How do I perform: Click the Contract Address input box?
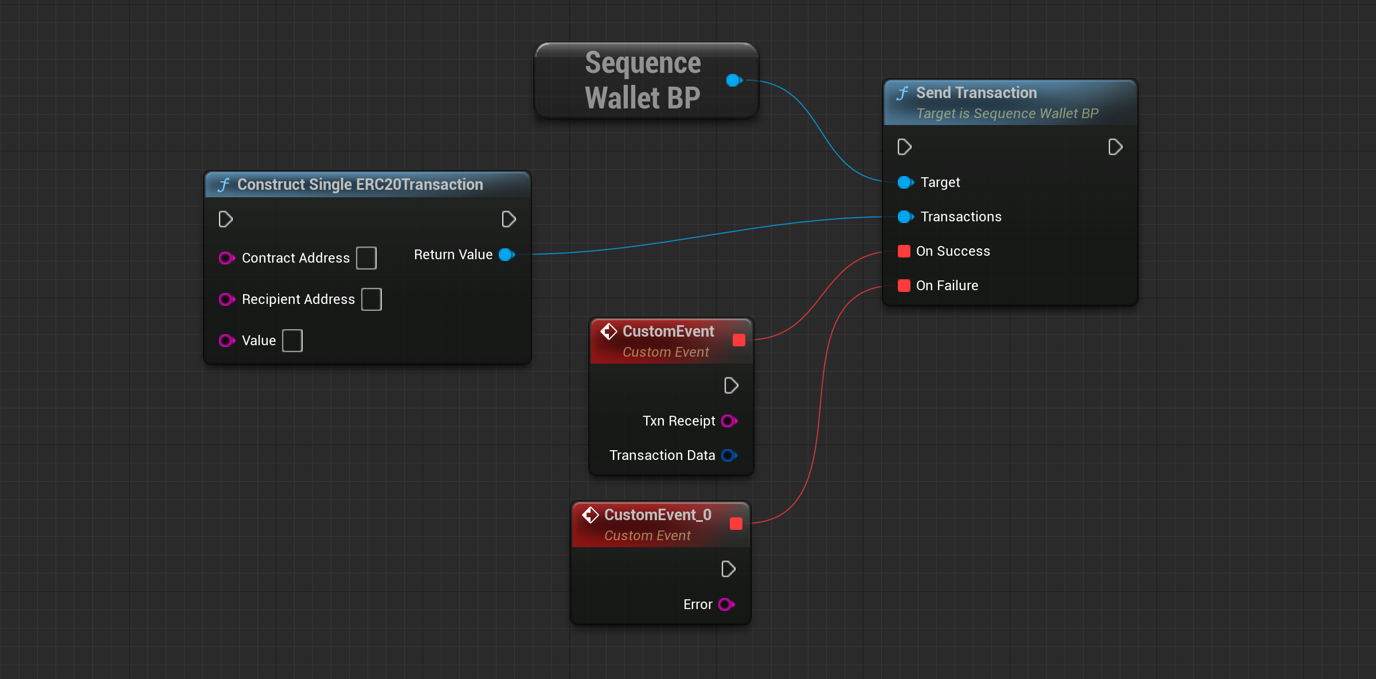tap(366, 258)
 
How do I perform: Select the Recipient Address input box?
tap(372, 299)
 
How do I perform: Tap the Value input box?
tap(292, 341)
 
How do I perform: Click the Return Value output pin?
tap(507, 255)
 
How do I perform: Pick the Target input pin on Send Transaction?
tap(905, 182)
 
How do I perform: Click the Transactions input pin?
tap(905, 217)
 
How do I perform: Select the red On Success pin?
tap(904, 251)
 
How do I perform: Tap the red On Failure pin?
tap(904, 286)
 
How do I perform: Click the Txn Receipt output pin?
tap(729, 421)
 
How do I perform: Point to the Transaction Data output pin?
tap(729, 455)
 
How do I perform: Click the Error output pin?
tap(726, 604)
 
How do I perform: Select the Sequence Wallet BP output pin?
tap(734, 80)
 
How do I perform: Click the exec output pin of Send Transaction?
tap(1115, 147)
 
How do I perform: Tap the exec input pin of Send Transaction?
tap(904, 147)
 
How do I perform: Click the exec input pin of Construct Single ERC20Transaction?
tap(225, 219)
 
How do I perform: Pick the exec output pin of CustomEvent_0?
tap(728, 569)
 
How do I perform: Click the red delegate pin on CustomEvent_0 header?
tap(736, 524)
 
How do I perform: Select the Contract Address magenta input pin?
tap(227, 258)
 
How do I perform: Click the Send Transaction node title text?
tap(976, 93)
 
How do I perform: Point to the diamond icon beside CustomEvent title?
tap(608, 331)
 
